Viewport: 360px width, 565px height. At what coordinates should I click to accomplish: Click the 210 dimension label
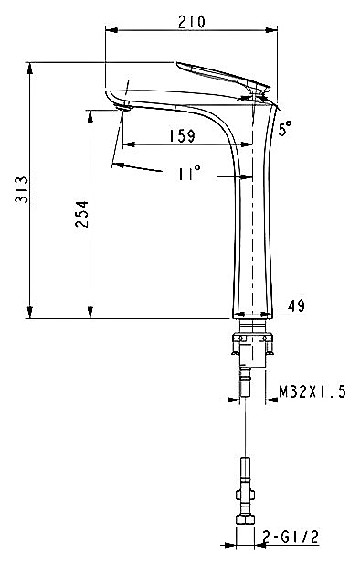point(191,22)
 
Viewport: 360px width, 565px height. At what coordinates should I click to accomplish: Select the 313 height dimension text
point(22,189)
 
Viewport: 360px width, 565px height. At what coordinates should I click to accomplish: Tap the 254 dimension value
point(81,214)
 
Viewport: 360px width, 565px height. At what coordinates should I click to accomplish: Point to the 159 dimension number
point(182,135)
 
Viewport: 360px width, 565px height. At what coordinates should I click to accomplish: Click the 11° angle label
point(188,173)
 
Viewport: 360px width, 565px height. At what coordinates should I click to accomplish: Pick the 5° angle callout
point(285,128)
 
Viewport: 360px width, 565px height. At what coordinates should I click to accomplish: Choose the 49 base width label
point(296,306)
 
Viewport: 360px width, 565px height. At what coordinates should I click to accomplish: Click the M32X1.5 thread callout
point(312,391)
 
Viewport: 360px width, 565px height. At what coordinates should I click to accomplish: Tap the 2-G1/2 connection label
point(291,538)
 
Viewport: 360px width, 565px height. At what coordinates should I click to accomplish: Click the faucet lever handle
point(223,77)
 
